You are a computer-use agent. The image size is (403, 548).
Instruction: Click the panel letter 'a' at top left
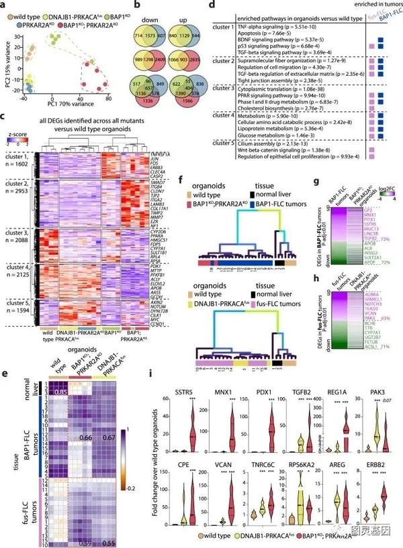pyautogui.click(x=3, y=5)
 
